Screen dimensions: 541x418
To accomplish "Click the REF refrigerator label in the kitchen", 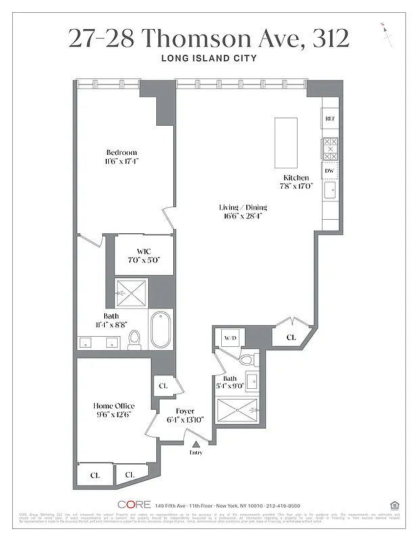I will [330, 118].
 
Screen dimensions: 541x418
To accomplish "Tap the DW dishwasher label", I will [329, 171].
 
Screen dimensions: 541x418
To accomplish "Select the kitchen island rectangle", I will [285, 143].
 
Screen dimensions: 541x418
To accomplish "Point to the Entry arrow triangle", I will [196, 444].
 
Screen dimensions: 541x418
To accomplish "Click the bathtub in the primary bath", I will [161, 329].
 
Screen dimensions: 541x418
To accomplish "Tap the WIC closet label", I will [143, 252].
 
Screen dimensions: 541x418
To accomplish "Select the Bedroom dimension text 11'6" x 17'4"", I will [122, 162].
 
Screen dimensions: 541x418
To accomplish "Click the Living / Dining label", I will [243, 207].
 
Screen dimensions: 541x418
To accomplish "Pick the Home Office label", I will [114, 406].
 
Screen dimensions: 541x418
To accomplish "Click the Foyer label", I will [185, 410].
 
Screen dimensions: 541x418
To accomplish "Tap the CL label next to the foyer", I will [163, 385].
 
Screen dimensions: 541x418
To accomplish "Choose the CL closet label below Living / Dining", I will [291, 337].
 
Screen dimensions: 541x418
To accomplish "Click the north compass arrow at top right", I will [388, 34].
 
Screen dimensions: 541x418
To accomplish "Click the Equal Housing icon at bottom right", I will [394, 504].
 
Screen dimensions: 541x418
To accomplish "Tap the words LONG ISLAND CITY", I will [208, 58].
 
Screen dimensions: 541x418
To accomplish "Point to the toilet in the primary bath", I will [135, 339].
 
